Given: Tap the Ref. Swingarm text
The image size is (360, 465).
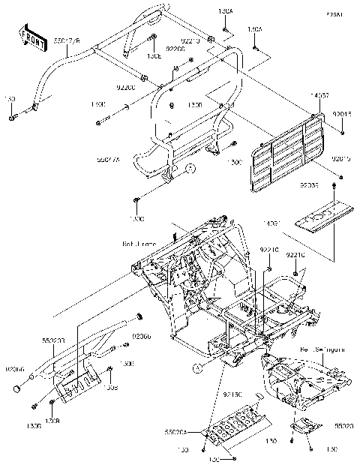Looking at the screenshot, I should [320, 350].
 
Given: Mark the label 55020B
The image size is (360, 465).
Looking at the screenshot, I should [53, 340].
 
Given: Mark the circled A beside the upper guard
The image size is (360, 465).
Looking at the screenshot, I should [190, 169].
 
